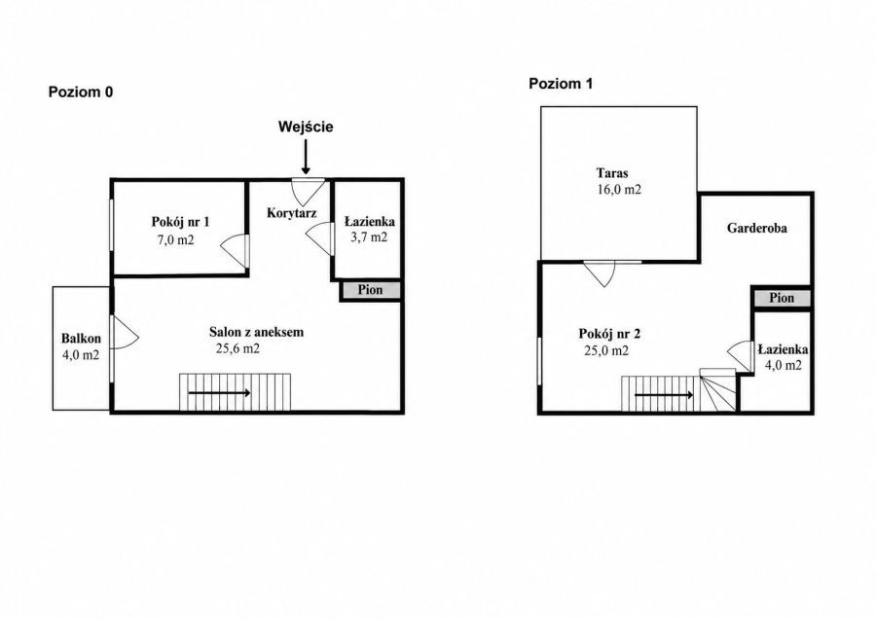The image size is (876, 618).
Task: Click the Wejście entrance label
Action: click(x=306, y=127)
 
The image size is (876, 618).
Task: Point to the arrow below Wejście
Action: click(x=306, y=157)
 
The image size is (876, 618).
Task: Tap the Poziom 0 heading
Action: click(x=81, y=92)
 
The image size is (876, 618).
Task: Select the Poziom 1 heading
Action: click(x=561, y=84)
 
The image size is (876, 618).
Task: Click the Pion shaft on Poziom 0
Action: click(x=371, y=290)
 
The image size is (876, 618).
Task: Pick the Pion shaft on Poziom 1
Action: click(x=782, y=298)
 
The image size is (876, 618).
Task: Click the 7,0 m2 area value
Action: click(x=176, y=240)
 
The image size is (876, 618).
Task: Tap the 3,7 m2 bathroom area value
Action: click(x=369, y=236)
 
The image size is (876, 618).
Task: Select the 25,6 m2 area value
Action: click(x=238, y=348)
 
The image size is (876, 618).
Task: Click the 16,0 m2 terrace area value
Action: click(x=619, y=190)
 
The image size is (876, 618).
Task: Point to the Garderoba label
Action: click(x=757, y=228)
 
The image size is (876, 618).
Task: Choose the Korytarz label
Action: click(x=292, y=213)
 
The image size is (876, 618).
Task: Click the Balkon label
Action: click(x=81, y=338)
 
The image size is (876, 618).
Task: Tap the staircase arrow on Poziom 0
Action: click(x=219, y=393)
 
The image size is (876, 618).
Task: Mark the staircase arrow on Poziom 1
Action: click(x=664, y=395)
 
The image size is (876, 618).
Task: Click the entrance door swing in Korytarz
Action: click(x=309, y=192)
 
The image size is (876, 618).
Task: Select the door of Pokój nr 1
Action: click(x=235, y=251)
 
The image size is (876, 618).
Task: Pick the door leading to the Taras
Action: click(x=600, y=273)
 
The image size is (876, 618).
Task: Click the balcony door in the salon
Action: click(x=126, y=333)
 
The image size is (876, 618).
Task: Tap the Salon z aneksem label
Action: click(x=256, y=332)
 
